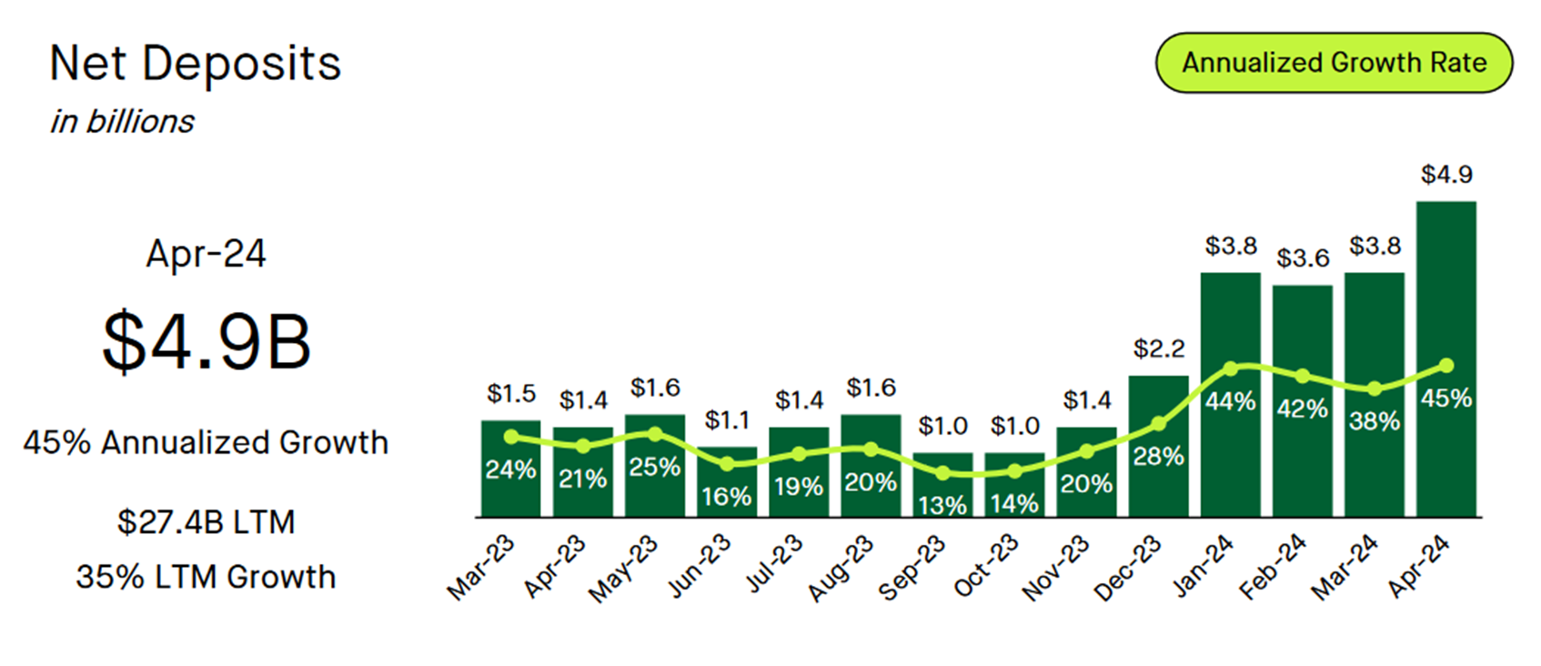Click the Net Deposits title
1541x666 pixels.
pyautogui.click(x=195, y=64)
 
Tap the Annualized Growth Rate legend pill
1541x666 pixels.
pyautogui.click(x=1334, y=63)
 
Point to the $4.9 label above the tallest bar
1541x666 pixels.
pyautogui.click(x=1445, y=174)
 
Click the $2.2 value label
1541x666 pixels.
pyautogui.click(x=1158, y=348)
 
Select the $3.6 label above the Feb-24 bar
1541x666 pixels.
pyautogui.click(x=1302, y=258)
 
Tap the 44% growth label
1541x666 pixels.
pyautogui.click(x=1230, y=401)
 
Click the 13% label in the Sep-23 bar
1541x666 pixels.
pyautogui.click(x=942, y=505)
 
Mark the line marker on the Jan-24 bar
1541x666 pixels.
pyautogui.click(x=1231, y=368)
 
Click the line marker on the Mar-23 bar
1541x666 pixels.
pyautogui.click(x=510, y=438)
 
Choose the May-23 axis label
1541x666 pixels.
pyautogui.click(x=623, y=570)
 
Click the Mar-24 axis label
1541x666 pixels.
pyautogui.click(x=1345, y=568)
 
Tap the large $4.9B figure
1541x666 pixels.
pyautogui.click(x=206, y=341)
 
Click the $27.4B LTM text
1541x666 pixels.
pyautogui.click(x=206, y=522)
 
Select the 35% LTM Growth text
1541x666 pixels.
pyautogui.click(x=206, y=577)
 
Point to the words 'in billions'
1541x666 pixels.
pyautogui.click(x=122, y=121)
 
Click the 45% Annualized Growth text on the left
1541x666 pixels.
pyautogui.click(x=206, y=442)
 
